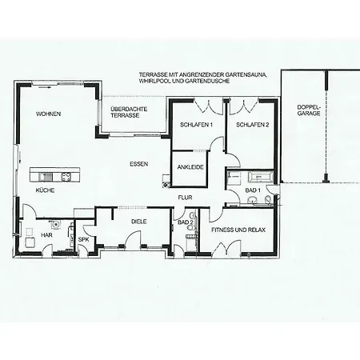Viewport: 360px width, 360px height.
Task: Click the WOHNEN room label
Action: [48, 114]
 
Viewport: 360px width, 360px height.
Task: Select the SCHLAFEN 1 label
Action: [196, 125]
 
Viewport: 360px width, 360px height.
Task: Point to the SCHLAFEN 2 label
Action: [252, 125]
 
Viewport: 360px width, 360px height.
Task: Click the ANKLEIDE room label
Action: [190, 167]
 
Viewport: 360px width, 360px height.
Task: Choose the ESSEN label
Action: [139, 164]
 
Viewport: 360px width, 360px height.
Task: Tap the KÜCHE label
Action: [45, 190]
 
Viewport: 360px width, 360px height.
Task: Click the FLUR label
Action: [185, 198]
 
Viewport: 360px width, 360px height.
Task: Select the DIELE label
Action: [139, 222]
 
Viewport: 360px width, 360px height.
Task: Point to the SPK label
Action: [83, 240]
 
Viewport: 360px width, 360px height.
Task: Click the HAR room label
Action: [46, 235]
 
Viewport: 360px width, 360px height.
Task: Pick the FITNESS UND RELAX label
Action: [238, 230]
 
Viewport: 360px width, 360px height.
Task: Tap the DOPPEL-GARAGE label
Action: [309, 110]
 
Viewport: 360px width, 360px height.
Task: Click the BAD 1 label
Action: [253, 190]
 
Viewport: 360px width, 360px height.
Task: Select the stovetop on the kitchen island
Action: [66, 177]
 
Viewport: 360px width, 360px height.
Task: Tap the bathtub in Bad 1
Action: [260, 177]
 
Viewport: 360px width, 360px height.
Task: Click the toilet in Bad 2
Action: [190, 227]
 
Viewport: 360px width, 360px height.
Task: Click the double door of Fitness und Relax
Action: [226, 248]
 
